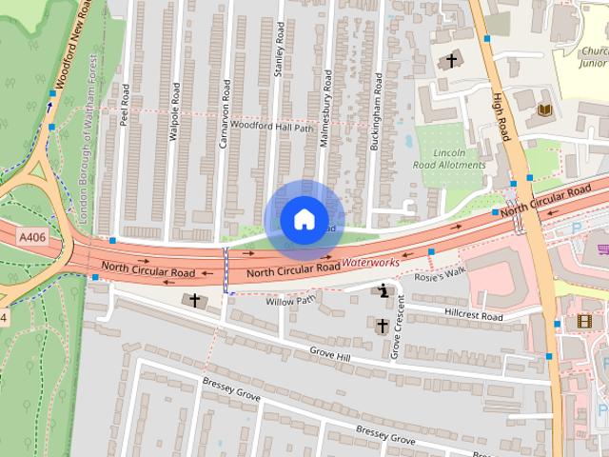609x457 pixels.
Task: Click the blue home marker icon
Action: [304, 219]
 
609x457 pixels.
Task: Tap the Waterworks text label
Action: [371, 261]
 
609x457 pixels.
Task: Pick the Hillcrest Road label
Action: [473, 314]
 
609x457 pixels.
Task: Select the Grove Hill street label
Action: [330, 354]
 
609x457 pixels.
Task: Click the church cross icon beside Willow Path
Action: [196, 301]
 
